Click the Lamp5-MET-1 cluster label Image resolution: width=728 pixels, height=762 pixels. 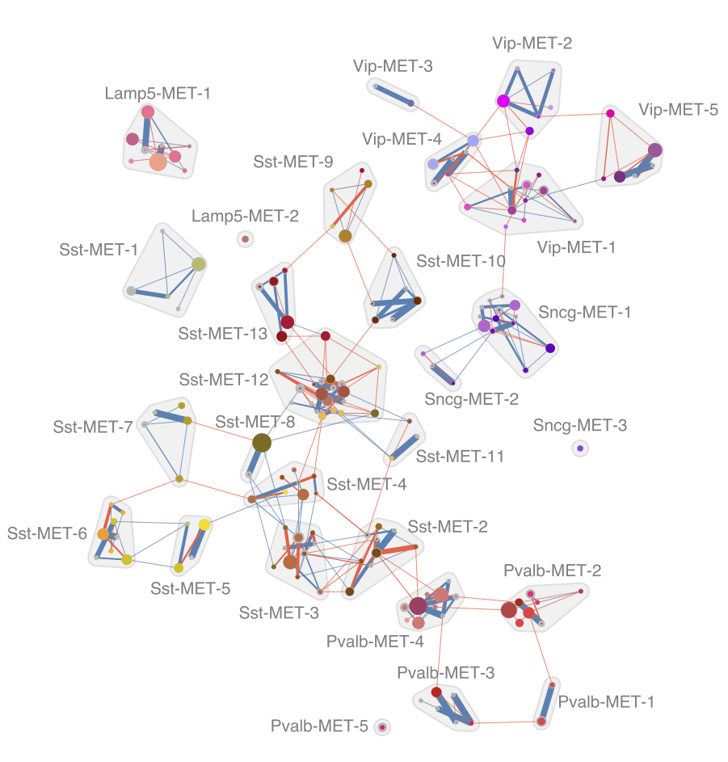(158, 94)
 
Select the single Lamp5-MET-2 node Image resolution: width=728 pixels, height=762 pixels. (245, 239)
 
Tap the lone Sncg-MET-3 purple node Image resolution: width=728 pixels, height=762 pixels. (580, 448)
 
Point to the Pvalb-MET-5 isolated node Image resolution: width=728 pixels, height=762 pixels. (382, 727)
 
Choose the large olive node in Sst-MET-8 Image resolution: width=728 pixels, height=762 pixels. (261, 442)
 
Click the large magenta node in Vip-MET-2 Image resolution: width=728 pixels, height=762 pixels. (503, 101)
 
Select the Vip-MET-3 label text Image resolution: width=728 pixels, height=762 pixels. (393, 66)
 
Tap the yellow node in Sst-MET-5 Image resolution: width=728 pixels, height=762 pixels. (204, 524)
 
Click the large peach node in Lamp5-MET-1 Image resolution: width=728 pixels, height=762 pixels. (158, 162)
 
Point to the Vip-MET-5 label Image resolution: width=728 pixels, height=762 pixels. (678, 110)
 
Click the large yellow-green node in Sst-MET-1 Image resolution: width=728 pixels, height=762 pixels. (198, 263)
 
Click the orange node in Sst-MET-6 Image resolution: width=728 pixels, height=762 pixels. (103, 533)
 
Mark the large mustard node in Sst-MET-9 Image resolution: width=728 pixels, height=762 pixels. (345, 236)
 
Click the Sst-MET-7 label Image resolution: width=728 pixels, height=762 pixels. (93, 427)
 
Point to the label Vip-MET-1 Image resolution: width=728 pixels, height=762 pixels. (576, 247)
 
